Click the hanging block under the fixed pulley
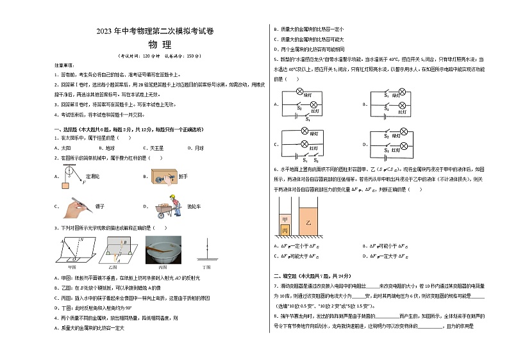click(x=65, y=186)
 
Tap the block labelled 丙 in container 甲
click(x=285, y=229)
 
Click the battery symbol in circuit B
click(x=384, y=116)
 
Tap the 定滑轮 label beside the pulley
click(x=92, y=176)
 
